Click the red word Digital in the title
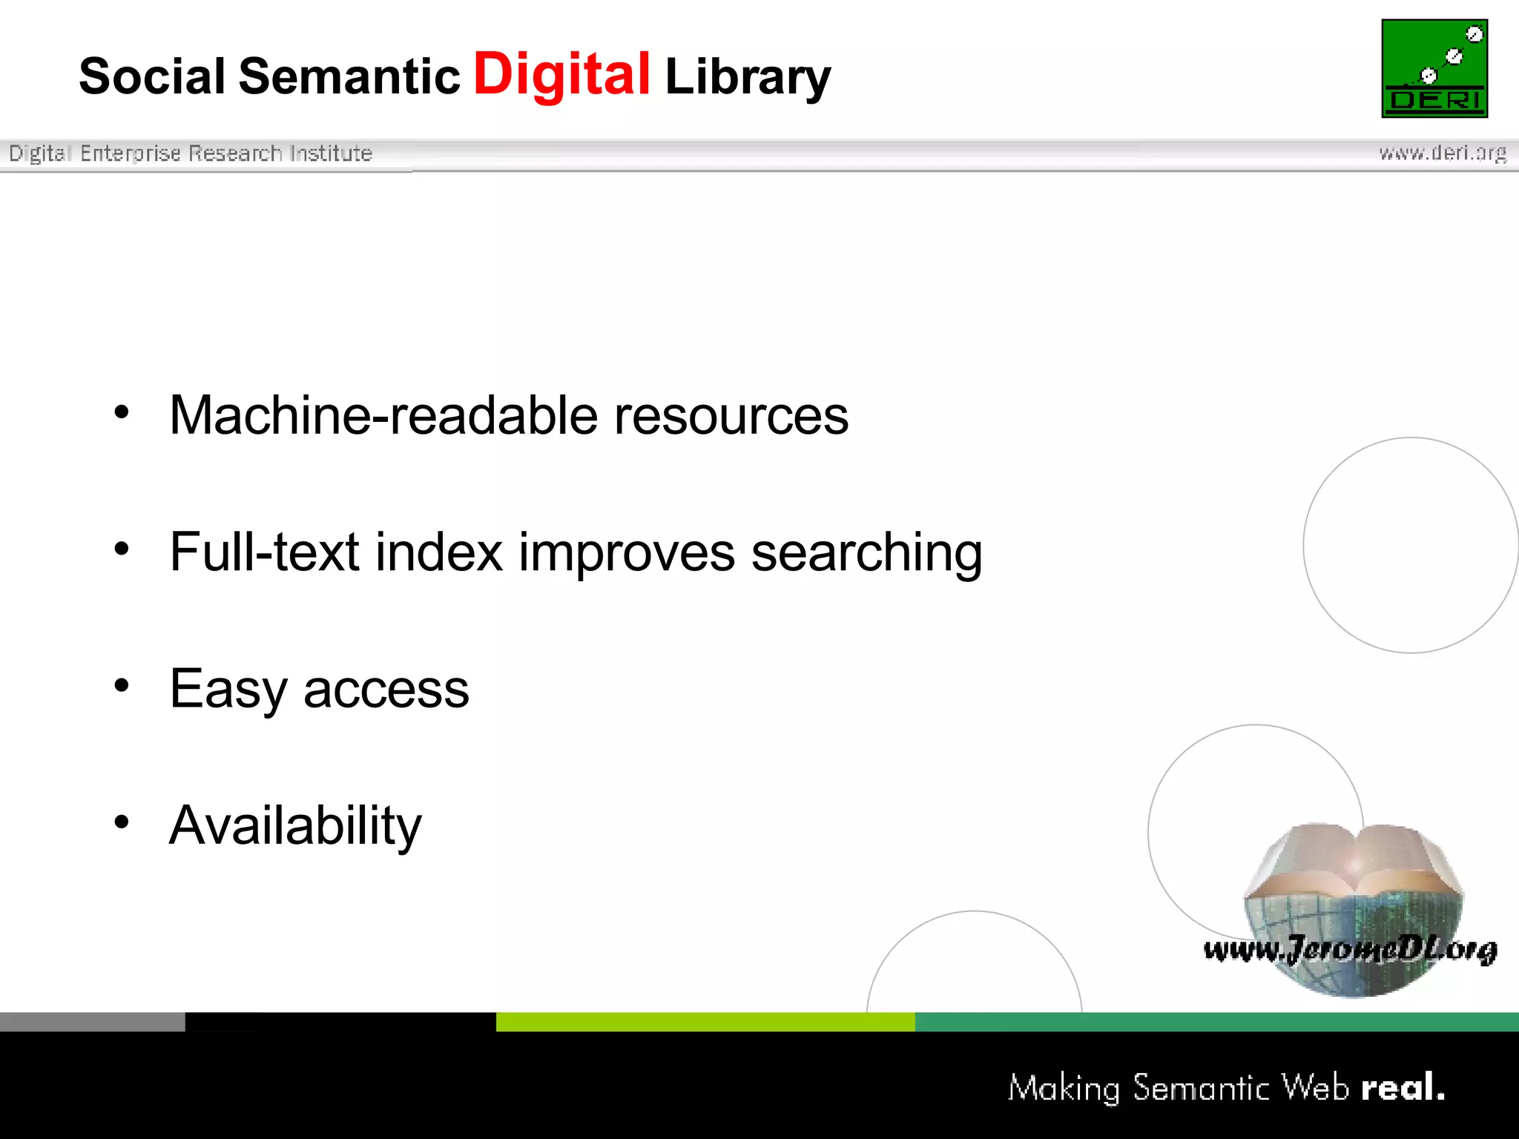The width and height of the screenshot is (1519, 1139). click(x=561, y=74)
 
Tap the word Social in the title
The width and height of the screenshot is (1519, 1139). click(x=152, y=76)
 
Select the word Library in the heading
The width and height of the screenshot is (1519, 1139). click(x=748, y=77)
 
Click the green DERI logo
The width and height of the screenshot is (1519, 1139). click(x=1434, y=68)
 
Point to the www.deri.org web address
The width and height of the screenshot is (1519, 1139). click(x=1443, y=153)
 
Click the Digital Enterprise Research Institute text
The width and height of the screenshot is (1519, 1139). click(x=191, y=153)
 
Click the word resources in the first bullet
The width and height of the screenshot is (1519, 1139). click(x=731, y=415)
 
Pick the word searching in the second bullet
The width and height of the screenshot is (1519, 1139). click(x=866, y=553)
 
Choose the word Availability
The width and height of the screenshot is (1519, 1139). click(x=295, y=825)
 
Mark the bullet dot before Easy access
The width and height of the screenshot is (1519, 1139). click(x=122, y=684)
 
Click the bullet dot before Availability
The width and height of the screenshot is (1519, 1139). click(x=122, y=821)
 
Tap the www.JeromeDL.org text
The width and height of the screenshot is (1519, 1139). click(x=1350, y=949)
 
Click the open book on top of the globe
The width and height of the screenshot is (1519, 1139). click(x=1354, y=860)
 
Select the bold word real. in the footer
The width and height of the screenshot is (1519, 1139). click(x=1403, y=1087)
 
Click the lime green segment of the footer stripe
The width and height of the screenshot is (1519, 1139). click(x=705, y=1022)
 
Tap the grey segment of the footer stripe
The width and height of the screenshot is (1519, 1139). click(x=92, y=1022)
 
